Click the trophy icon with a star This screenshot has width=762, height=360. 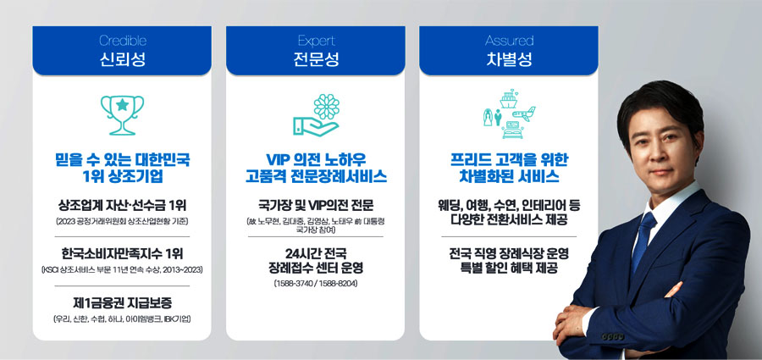(x=122, y=115)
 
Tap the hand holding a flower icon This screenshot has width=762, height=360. (x=316, y=115)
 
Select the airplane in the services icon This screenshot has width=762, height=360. (x=524, y=114)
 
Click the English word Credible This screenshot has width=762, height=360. (x=123, y=41)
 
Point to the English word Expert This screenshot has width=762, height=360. (x=316, y=41)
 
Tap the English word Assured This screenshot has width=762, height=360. (x=509, y=41)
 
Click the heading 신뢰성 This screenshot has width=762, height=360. (x=122, y=59)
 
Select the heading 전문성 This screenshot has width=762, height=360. (x=316, y=59)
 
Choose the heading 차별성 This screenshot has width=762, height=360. (x=509, y=59)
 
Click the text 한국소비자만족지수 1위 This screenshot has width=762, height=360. (x=122, y=254)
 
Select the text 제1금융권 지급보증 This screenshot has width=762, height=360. (x=122, y=303)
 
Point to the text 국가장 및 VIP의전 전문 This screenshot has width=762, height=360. (x=316, y=205)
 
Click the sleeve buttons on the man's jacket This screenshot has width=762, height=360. (x=612, y=336)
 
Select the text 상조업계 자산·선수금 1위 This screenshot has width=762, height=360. (x=122, y=205)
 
